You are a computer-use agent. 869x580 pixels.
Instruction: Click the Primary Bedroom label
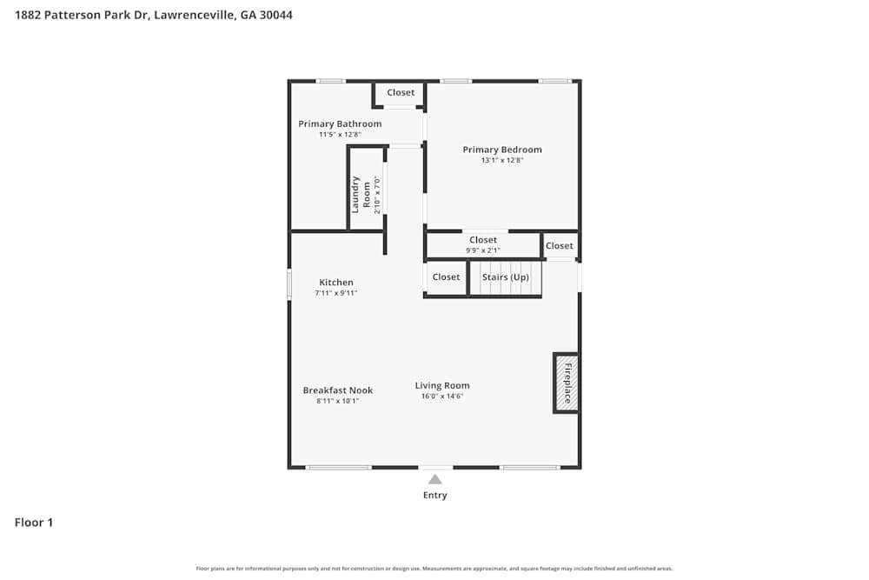(501, 150)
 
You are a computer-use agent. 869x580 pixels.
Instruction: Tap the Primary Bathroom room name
(340, 123)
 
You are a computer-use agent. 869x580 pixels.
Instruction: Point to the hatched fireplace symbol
(566, 383)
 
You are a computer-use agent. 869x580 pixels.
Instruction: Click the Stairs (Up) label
(505, 277)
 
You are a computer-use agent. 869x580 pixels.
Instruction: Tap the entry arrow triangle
(434, 479)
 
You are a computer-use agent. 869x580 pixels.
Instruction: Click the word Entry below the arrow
(434, 496)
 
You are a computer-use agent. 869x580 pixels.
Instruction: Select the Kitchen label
(336, 283)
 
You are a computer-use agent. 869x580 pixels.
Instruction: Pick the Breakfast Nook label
(337, 390)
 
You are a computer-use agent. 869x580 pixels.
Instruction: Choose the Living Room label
(442, 385)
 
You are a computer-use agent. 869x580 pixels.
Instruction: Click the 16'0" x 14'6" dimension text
(442, 397)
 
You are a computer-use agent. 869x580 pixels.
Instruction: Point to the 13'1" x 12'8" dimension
(501, 160)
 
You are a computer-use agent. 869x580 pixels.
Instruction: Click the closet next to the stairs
(446, 277)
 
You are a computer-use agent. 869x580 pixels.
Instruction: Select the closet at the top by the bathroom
(401, 93)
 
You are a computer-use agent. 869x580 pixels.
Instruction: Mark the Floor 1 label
(34, 523)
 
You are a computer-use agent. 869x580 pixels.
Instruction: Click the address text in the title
(154, 15)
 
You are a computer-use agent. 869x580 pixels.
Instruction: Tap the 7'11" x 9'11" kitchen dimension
(336, 293)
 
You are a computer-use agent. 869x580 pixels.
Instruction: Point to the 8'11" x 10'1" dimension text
(337, 401)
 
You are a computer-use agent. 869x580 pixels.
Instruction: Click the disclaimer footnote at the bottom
(434, 569)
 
